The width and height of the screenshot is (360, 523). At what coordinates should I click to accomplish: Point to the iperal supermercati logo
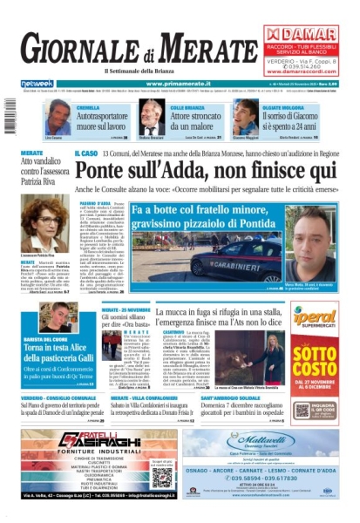315,317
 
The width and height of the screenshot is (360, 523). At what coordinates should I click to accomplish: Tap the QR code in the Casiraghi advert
162,472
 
